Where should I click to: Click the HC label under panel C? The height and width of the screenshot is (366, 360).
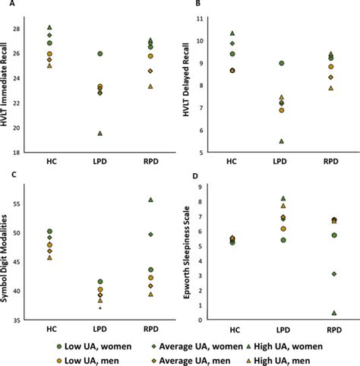pos(49,331)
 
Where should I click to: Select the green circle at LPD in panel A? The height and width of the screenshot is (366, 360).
pos(100,54)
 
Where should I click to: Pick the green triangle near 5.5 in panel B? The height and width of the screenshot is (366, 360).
pos(280,140)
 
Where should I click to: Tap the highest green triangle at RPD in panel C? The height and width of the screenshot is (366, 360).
pos(150,199)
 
